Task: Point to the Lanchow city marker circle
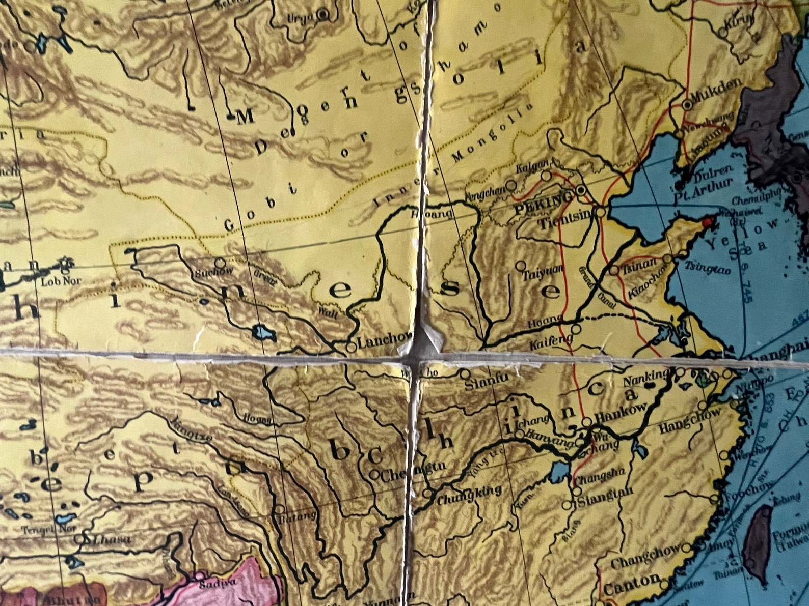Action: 351,347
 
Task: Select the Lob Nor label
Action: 61,280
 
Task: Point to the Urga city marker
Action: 322,15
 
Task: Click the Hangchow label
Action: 690,420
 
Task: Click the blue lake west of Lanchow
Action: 264,334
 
